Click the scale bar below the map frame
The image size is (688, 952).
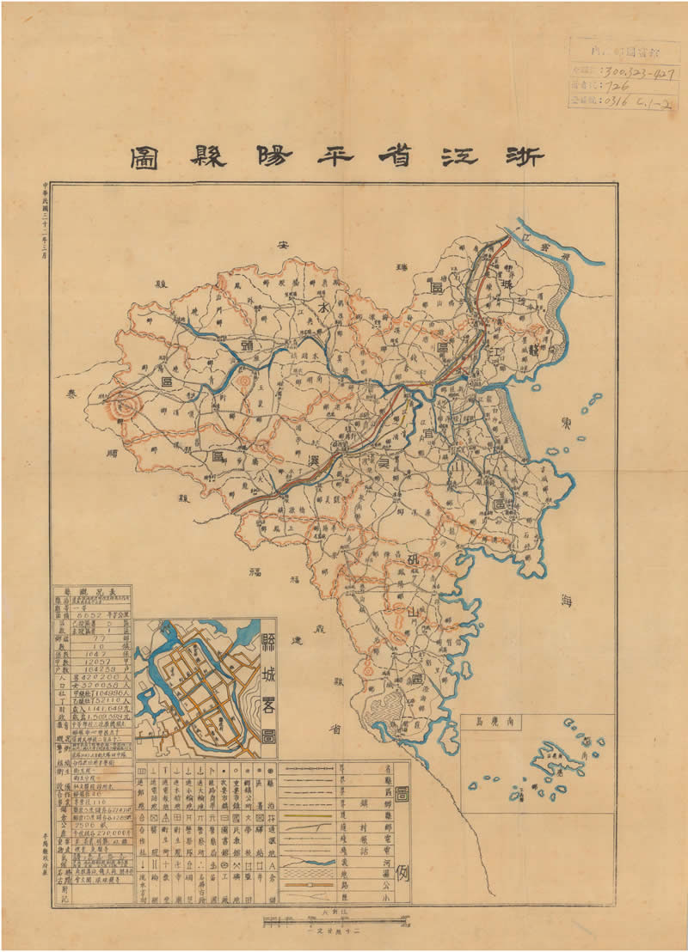330,922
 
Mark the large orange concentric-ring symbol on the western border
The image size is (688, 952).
126,403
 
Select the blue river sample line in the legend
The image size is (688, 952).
318,862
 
